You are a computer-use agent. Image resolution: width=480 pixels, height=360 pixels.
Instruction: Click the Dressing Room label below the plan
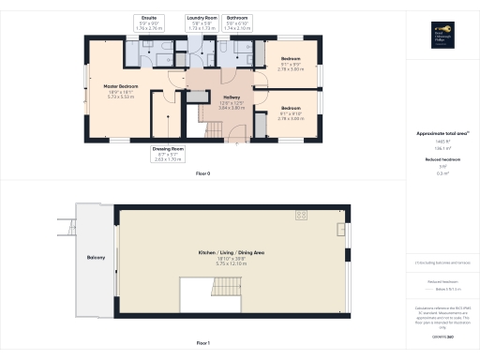[168, 154]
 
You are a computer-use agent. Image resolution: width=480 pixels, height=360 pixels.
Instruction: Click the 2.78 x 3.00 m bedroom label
[292, 67]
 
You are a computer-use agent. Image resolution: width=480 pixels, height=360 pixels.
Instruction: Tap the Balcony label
[96, 258]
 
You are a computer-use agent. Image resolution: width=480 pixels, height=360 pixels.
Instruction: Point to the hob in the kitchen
[303, 217]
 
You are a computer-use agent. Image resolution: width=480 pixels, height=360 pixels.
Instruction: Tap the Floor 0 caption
[202, 175]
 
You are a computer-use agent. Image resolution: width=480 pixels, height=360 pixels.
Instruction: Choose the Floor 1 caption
[202, 344]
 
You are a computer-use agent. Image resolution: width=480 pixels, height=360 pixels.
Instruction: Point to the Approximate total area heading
[441, 134]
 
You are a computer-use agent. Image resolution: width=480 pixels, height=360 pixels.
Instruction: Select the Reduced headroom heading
[440, 160]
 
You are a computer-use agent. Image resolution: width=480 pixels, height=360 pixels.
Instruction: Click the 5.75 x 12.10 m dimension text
[231, 264]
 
